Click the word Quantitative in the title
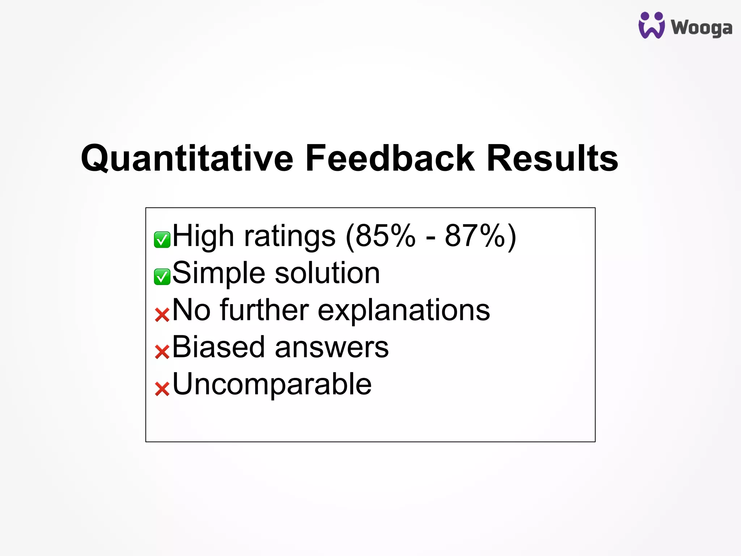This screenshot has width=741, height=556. point(187,158)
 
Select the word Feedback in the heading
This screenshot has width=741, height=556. point(390,158)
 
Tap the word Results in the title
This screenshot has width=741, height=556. point(552,158)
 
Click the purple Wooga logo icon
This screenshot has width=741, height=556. point(651,25)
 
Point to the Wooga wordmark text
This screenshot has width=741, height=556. point(701,28)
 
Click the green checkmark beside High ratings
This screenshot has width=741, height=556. point(162,240)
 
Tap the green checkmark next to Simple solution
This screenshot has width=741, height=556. point(162,277)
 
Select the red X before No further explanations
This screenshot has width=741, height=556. point(162,315)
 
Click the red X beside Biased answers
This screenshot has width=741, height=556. point(162,351)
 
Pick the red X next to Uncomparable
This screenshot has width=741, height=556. point(162,389)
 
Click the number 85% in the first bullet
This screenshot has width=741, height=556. point(385,236)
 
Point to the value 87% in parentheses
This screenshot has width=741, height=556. point(475,236)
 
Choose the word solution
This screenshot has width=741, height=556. point(327,273)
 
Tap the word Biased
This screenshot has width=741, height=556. point(218,347)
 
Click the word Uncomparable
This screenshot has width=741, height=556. point(272,385)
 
